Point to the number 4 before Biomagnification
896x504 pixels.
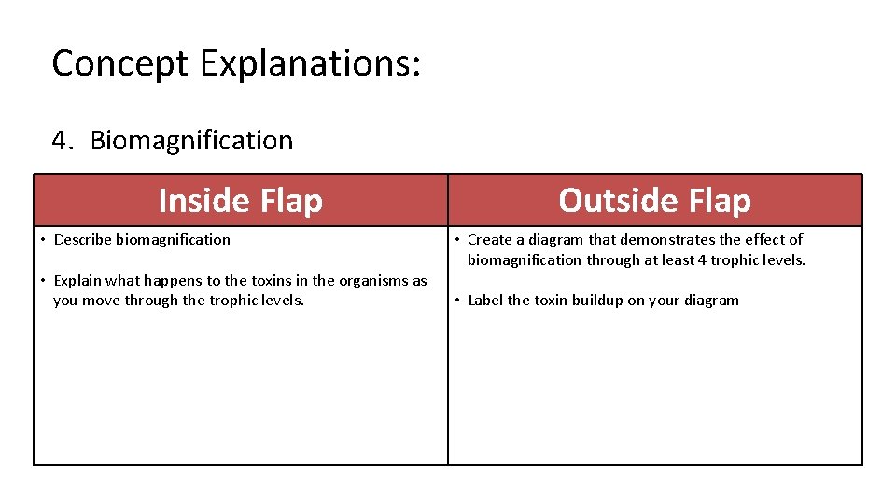61,141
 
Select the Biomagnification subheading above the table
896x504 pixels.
191,141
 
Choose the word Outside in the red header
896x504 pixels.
611,200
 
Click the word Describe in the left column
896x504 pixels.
83,239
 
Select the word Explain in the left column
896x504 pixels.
79,280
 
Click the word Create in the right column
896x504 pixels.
489,239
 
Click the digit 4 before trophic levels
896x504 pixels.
702,259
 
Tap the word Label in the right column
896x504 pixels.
485,300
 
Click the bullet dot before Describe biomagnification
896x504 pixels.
43,240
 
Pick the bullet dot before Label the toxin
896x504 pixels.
456,301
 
